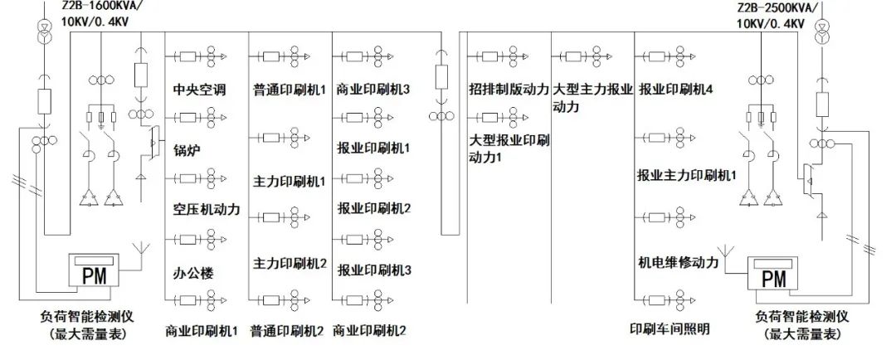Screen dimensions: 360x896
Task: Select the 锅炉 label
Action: (x=187, y=150)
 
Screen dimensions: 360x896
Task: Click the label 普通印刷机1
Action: (x=289, y=89)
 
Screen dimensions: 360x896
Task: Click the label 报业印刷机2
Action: (x=374, y=208)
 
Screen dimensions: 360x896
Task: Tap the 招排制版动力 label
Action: (x=509, y=89)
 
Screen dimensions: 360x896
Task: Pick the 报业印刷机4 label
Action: (x=675, y=89)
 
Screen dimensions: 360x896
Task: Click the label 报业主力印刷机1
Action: (x=687, y=175)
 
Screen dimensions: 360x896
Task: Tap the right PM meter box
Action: (x=772, y=274)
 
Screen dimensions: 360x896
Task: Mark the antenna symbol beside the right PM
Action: (x=728, y=251)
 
